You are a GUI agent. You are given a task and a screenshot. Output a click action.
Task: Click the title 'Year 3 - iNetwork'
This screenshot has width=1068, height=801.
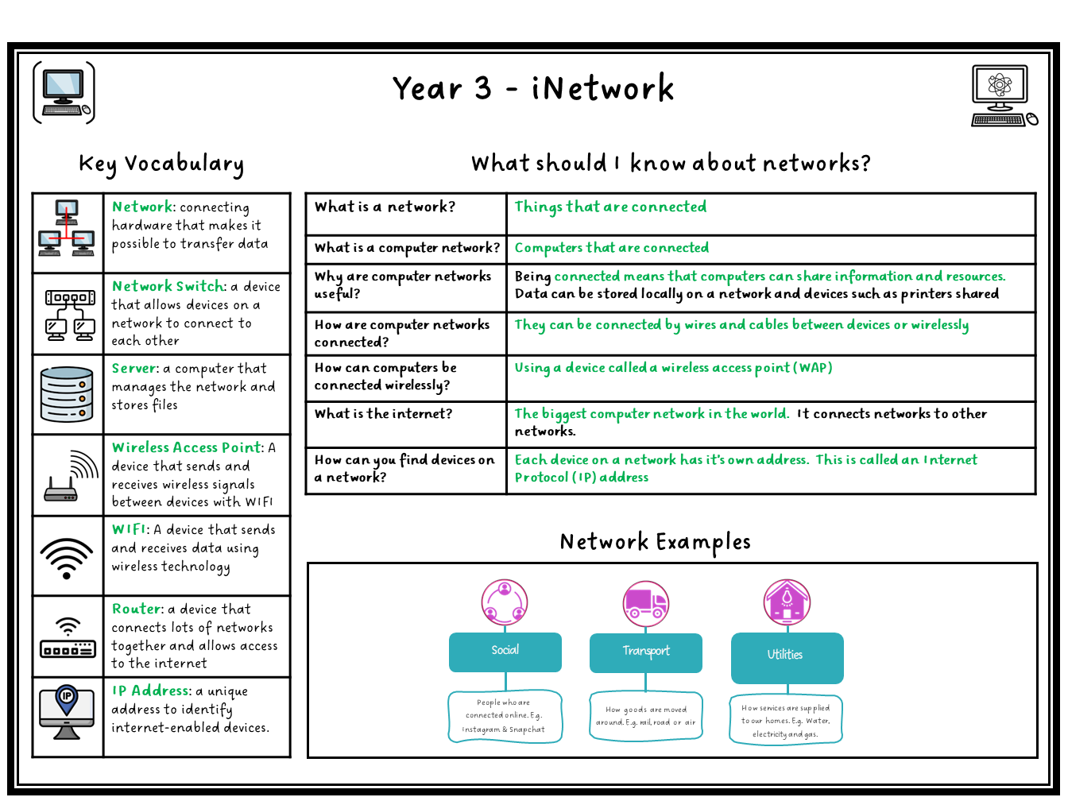pyautogui.click(x=533, y=88)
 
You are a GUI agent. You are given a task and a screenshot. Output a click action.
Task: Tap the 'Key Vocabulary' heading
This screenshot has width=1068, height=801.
pyautogui.click(x=161, y=164)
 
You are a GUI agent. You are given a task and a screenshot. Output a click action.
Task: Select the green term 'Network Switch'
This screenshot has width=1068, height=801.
pyautogui.click(x=168, y=286)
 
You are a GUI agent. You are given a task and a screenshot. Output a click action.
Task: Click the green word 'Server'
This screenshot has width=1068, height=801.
pyautogui.click(x=135, y=368)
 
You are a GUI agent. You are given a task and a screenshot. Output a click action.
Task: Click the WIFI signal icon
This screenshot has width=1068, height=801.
pyautogui.click(x=67, y=557)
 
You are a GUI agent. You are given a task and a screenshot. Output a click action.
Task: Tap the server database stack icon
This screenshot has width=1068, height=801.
pyautogui.click(x=67, y=394)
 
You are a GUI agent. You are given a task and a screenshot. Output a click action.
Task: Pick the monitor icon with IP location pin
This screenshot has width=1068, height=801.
pyautogui.click(x=67, y=712)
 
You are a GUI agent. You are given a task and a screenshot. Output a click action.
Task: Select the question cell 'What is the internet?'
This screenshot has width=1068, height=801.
pyautogui.click(x=384, y=414)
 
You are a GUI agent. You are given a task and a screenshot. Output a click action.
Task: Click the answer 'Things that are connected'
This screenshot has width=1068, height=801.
pyautogui.click(x=610, y=207)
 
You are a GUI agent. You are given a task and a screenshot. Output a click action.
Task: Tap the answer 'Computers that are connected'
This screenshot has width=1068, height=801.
pyautogui.click(x=611, y=248)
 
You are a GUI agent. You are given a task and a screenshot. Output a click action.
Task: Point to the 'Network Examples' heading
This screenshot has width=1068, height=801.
pyautogui.click(x=655, y=542)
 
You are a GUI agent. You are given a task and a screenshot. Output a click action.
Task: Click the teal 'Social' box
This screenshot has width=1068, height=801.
pyautogui.click(x=505, y=652)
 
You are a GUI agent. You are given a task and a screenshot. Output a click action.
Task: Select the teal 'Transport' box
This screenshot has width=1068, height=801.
pyautogui.click(x=645, y=652)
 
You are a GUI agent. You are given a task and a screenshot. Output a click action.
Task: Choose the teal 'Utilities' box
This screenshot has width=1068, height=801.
pyautogui.click(x=786, y=656)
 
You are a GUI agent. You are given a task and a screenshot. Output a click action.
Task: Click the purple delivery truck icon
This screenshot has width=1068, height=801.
pyautogui.click(x=646, y=603)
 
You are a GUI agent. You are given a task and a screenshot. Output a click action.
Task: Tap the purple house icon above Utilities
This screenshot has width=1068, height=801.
pyautogui.click(x=787, y=602)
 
